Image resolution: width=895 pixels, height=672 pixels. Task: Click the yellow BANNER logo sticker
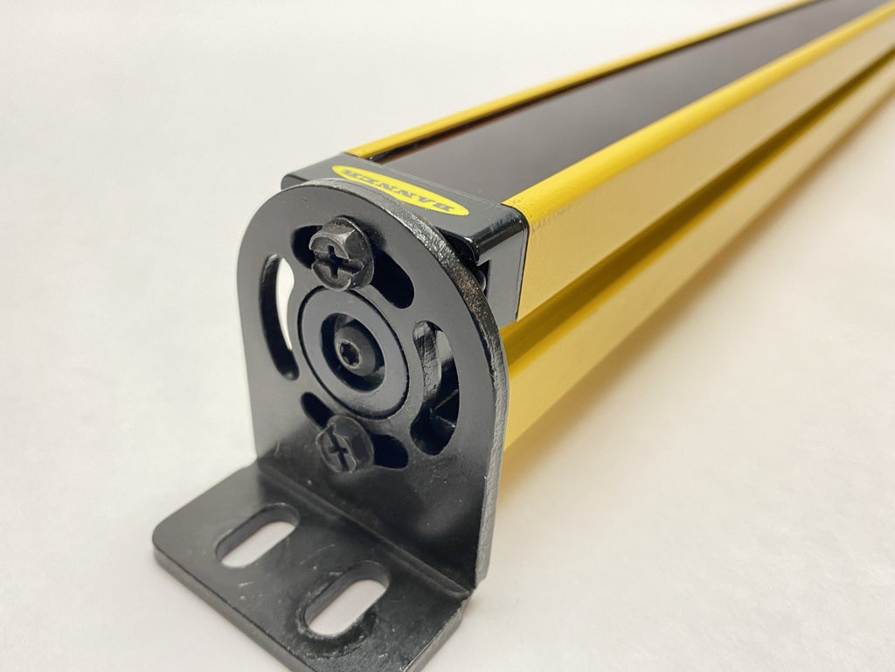point(399,190)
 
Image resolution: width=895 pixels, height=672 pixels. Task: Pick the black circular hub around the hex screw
point(355,353)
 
